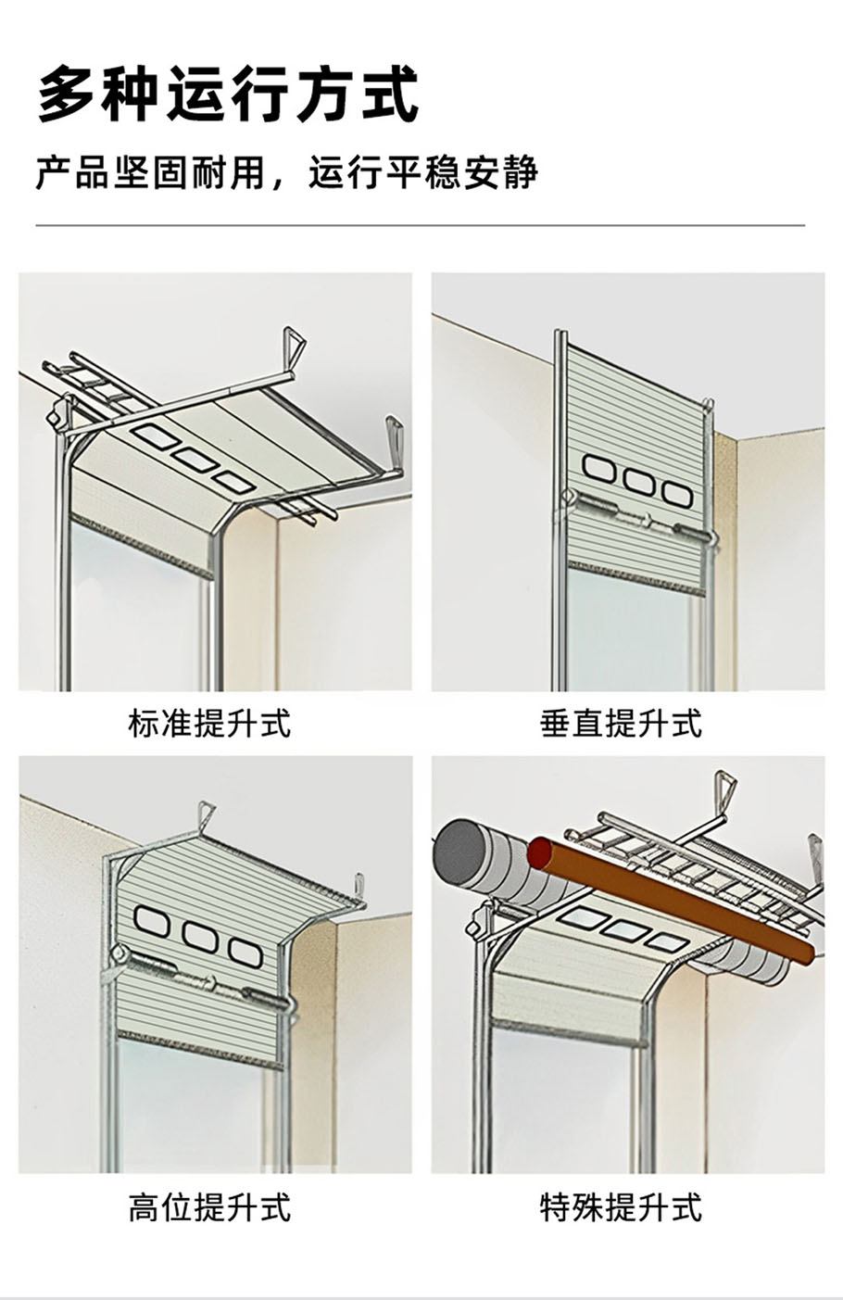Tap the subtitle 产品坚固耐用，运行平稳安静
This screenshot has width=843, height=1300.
[286, 173]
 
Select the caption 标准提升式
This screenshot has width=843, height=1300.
[209, 723]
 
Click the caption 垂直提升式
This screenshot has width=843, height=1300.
[621, 723]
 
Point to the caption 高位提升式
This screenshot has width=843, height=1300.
[209, 1207]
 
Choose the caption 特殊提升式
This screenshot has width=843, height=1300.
[621, 1207]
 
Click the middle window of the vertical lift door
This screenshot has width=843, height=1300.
[638, 481]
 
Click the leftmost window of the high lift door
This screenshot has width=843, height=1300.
[151, 919]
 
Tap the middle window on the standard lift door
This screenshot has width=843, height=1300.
[193, 457]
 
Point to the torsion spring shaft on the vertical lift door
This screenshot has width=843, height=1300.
[639, 518]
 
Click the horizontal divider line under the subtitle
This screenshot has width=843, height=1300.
[421, 225]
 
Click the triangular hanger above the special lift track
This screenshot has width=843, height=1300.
[724, 790]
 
